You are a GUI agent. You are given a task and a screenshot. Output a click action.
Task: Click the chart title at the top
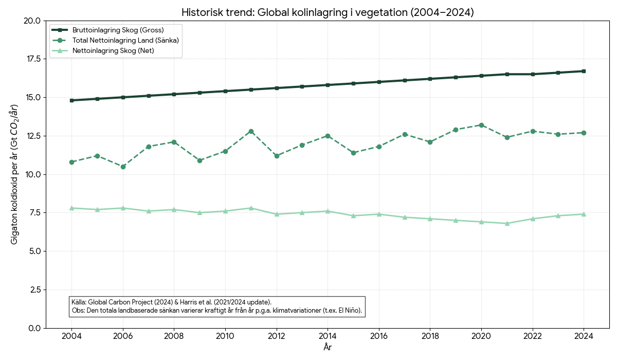pos(327,12)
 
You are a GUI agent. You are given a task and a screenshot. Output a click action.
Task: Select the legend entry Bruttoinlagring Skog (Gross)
pos(118,30)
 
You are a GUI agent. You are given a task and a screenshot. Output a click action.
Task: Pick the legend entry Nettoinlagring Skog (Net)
pos(113,50)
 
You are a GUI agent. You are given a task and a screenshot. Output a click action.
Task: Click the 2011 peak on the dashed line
pos(251,131)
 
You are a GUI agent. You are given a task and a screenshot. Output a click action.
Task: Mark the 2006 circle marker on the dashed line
pos(123,167)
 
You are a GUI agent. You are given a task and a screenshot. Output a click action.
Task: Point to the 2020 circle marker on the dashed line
pos(481,125)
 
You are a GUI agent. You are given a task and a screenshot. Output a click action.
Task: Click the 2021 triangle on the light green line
pos(507,223)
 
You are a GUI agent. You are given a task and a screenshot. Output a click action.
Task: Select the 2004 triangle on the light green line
pos(71,208)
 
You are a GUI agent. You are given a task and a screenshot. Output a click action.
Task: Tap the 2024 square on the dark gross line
pos(584,71)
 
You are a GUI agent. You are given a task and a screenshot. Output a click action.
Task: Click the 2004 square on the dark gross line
pos(71,100)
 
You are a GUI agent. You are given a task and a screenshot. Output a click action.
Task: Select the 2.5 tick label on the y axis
pos(34,290)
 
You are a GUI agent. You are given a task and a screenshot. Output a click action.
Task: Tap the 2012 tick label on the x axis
pos(277,336)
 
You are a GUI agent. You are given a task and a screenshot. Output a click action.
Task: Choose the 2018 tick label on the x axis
pos(430,336)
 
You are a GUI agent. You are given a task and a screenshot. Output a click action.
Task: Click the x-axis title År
pos(328,348)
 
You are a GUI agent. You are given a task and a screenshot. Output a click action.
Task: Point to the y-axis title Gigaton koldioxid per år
pos(15,174)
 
